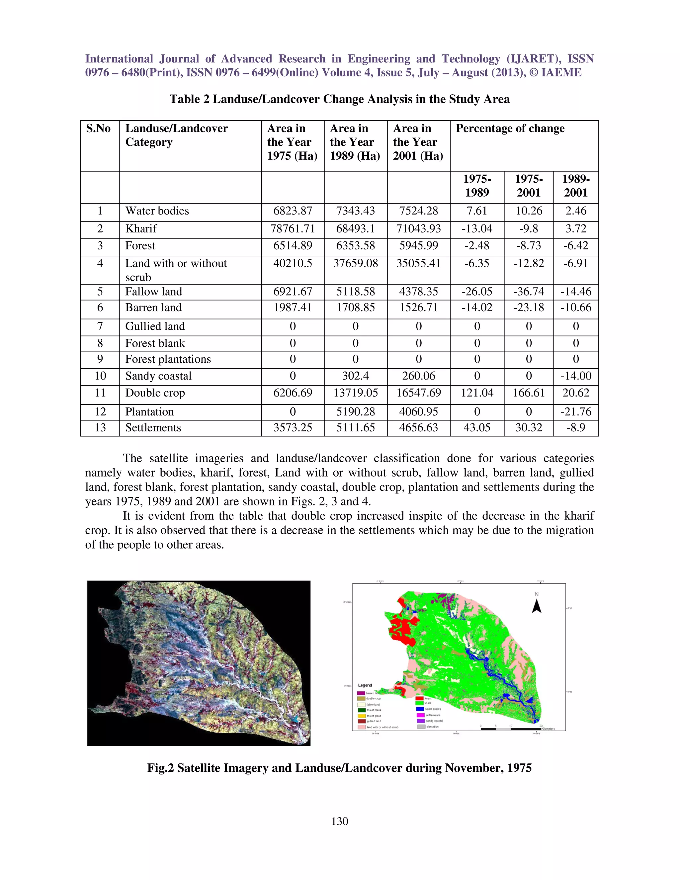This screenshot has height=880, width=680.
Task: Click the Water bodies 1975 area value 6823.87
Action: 293,211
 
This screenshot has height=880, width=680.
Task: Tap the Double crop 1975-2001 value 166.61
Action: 529,393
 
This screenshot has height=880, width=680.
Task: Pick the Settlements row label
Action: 153,427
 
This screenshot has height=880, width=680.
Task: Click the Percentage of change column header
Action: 510,129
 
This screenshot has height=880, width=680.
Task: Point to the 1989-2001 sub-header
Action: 576,185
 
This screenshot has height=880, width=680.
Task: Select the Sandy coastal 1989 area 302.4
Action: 355,376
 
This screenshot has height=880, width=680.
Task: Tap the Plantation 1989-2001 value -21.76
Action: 576,411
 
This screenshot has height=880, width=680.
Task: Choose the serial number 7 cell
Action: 100,326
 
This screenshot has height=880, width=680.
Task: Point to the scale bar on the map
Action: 512,729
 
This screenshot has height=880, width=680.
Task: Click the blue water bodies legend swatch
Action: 420,709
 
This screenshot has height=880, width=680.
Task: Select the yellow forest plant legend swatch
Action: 361,716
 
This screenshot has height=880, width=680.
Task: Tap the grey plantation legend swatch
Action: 421,727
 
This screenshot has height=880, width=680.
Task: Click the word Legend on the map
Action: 365,685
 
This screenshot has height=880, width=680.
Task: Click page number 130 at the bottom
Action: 340,821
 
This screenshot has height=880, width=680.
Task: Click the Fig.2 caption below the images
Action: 339,768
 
